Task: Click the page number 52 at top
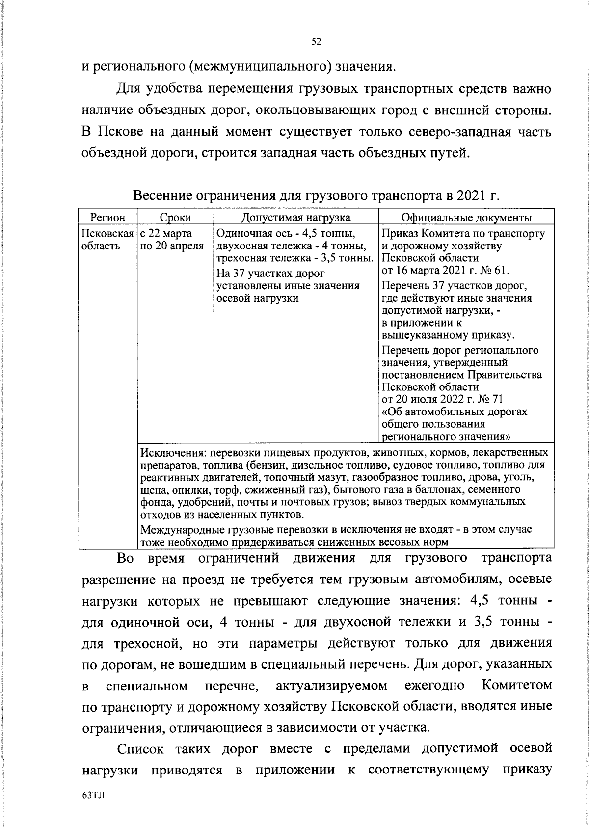(316, 42)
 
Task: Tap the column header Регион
(108, 218)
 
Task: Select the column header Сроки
(175, 218)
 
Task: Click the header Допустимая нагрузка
(296, 218)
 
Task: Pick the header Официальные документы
(466, 218)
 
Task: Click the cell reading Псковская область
(107, 239)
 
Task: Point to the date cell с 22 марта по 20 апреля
(172, 239)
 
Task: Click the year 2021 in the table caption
(472, 196)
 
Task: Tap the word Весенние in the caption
(161, 196)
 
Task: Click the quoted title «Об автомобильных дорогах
(455, 412)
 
